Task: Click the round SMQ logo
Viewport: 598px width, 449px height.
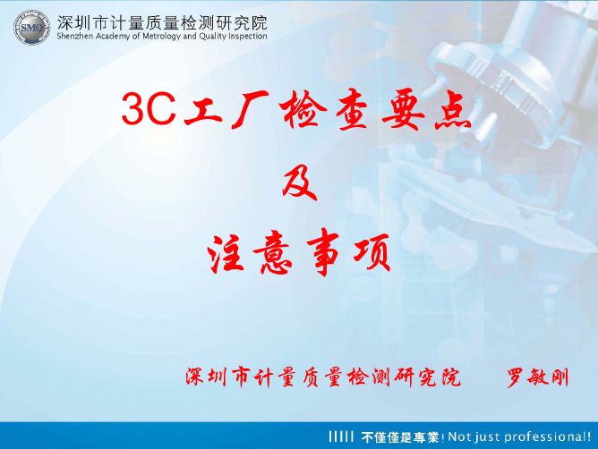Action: [32, 28]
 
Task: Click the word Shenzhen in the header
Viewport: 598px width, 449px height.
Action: [75, 36]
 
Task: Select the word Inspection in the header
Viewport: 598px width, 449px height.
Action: [248, 37]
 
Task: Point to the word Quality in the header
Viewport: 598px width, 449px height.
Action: [213, 37]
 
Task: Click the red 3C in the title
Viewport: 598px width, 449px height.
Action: [149, 108]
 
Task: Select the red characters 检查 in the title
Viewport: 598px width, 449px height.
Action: [323, 110]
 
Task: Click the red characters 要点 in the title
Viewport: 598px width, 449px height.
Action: [426, 110]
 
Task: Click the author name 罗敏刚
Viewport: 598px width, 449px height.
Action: [538, 377]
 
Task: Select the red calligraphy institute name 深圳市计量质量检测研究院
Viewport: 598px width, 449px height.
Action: [323, 377]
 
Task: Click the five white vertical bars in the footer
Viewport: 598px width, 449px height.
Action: [341, 436]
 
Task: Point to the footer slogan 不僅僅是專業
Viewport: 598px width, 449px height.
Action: [400, 436]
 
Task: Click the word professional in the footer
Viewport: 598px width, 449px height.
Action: [545, 436]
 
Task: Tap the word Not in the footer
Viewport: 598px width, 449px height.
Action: [457, 436]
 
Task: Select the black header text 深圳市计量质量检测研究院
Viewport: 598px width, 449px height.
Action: [162, 23]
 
